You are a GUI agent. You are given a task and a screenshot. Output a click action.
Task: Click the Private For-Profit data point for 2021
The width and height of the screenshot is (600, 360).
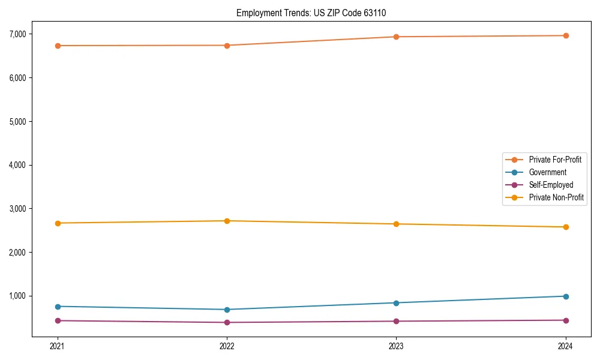(x=58, y=46)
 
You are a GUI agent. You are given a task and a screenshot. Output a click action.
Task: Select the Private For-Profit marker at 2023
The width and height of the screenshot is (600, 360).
(x=396, y=37)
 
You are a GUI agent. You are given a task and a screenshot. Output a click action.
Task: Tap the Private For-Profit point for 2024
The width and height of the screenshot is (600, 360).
(x=566, y=35)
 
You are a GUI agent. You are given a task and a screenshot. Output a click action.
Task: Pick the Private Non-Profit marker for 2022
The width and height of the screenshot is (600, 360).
(x=227, y=221)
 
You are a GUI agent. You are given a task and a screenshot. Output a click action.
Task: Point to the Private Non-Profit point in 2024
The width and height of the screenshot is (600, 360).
(x=566, y=227)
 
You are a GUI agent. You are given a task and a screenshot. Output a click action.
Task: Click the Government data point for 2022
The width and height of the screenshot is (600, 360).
(x=227, y=310)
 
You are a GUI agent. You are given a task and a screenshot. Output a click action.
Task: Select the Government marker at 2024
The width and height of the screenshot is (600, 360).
(x=566, y=296)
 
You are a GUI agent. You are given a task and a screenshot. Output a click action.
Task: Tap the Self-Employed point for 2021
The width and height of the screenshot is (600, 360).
(x=58, y=320)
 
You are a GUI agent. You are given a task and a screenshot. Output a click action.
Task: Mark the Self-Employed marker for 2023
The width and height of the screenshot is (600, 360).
(x=396, y=321)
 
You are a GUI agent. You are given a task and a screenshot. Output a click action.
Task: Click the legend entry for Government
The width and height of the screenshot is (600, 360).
(x=547, y=172)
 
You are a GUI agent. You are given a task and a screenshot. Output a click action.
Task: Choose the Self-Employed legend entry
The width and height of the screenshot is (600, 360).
(x=551, y=185)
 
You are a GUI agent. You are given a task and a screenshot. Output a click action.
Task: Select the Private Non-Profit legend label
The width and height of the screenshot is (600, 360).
(x=556, y=197)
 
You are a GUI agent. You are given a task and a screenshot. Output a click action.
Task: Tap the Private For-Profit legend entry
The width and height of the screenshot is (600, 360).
(x=555, y=160)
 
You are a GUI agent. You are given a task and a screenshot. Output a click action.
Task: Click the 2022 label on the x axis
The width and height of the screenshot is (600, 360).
(x=227, y=346)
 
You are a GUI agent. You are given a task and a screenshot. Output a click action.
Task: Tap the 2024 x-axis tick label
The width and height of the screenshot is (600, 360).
(x=566, y=346)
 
